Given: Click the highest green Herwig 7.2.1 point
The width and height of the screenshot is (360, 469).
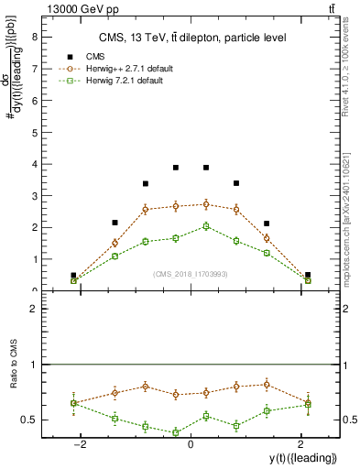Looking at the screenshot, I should pyautogui.click(x=206, y=226).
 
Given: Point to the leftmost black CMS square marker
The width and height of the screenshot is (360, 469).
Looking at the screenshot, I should pyautogui.click(x=73, y=275).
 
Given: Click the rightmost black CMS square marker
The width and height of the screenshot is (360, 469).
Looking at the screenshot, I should pyautogui.click(x=308, y=275).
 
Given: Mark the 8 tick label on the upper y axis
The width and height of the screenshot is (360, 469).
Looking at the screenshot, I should pyautogui.click(x=33, y=38).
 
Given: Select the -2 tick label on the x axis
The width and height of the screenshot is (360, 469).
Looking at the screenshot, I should pyautogui.click(x=80, y=445).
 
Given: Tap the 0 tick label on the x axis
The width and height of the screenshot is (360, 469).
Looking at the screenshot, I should pyautogui.click(x=191, y=445).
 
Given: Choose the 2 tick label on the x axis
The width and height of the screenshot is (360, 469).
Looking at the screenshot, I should pyautogui.click(x=300, y=445).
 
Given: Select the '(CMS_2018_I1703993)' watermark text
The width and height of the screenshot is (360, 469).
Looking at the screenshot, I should pyautogui.click(x=191, y=273).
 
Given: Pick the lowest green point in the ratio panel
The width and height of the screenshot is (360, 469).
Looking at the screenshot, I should pyautogui.click(x=176, y=432).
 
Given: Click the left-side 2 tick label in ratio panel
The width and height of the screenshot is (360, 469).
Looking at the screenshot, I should pyautogui.click(x=33, y=310).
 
